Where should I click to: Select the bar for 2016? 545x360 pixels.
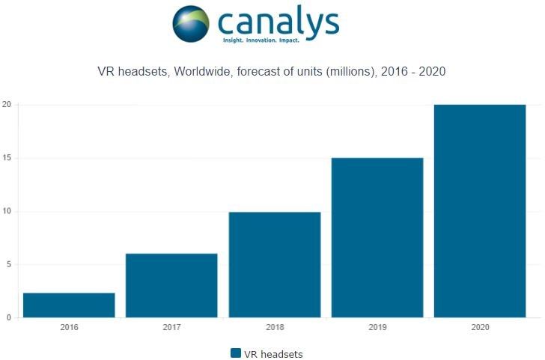pos(69,305)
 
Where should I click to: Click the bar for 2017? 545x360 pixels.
pos(171,286)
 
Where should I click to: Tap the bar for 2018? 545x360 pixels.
pos(274,265)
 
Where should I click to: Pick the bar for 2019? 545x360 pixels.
pos(377,238)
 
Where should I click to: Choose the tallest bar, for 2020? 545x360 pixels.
pos(480,211)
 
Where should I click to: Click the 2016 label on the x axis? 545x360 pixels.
pos(69,327)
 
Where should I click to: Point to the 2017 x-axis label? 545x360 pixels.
pos(171,327)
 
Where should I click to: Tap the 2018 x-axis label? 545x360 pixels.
pos(274,327)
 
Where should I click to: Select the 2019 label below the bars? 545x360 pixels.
pos(377,327)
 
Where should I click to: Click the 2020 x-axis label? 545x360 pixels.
pos(480,327)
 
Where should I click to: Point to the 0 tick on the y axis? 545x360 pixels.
pos(7,318)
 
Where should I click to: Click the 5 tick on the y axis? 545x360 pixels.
pos(7,265)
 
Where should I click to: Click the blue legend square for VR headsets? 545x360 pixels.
pos(236,353)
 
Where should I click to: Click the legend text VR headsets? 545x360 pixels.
pos(273,353)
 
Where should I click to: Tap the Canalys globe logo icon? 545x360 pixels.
pos(192,23)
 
